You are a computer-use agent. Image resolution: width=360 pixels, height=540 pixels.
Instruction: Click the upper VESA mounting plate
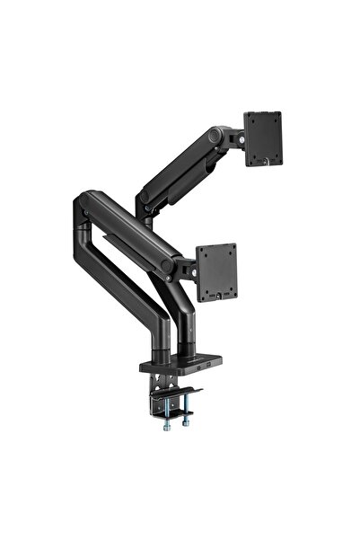(x=263, y=137)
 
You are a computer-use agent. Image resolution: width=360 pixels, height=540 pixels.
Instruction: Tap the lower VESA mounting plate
(x=216, y=270)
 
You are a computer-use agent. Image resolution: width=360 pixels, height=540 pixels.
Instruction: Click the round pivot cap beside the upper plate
(x=215, y=137)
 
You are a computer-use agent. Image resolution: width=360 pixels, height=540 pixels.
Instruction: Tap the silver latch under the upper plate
(x=266, y=163)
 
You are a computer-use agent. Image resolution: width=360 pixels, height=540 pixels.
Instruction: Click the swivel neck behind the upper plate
(x=236, y=138)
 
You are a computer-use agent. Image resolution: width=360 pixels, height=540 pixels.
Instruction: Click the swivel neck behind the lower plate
(x=188, y=267)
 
